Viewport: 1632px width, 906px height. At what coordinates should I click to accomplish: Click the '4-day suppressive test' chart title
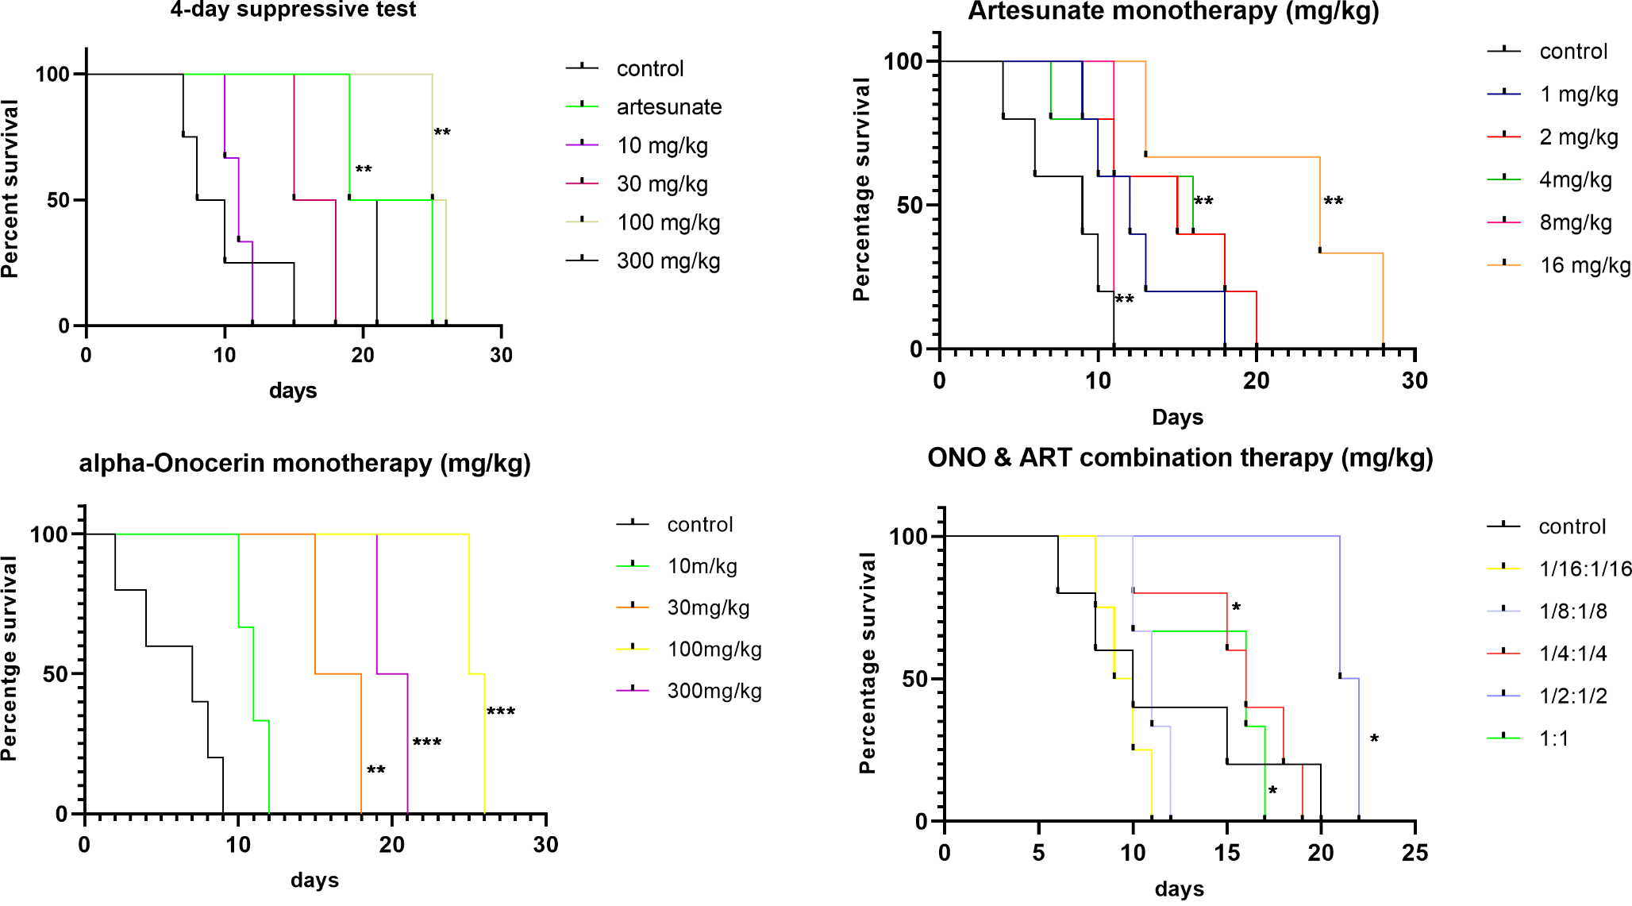pos(293,10)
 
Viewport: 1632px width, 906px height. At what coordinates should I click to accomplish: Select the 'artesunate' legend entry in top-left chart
pos(668,107)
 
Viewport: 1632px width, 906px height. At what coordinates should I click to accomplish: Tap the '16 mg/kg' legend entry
pos(1584,265)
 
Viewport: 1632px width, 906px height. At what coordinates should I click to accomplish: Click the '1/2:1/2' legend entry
pos(1572,696)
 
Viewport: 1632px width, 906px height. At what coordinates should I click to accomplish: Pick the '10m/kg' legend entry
pos(702,566)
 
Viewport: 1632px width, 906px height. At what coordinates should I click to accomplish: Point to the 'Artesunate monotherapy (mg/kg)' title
pos(1173,11)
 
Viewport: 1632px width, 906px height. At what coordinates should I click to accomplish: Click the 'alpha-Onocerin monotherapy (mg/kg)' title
pos(305,463)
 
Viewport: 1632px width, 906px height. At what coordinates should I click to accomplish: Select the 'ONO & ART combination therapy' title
pos(1180,458)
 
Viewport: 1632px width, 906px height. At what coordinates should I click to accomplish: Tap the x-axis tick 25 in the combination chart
pos(1415,854)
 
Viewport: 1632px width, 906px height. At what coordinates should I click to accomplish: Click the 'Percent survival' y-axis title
pos(10,189)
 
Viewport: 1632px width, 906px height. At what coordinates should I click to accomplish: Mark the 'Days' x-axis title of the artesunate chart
pos(1177,418)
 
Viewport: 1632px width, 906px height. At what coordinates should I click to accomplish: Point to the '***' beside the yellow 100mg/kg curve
pos(501,711)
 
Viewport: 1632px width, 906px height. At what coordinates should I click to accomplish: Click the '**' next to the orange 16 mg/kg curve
pos(1334,202)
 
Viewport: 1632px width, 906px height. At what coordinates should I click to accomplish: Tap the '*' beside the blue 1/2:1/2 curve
pos(1374,740)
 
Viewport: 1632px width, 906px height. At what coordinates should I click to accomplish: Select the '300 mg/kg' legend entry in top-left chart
pos(668,261)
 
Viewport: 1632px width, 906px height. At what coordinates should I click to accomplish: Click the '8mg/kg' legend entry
pos(1575,222)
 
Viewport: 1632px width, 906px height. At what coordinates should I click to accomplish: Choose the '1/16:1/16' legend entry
pos(1584,569)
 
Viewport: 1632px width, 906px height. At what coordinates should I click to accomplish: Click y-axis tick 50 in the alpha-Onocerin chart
pos(55,675)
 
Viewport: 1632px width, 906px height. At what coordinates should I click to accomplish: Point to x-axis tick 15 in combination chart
pos(1226,854)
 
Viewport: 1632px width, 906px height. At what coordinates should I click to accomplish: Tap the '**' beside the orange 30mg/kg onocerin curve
pos(375,771)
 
